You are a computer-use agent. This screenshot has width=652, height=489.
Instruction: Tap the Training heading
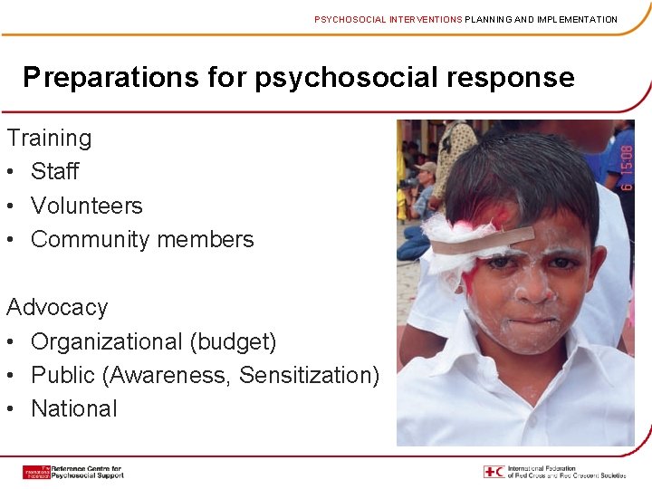[x=49, y=138]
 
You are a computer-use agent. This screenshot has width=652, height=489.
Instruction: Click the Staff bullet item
[x=55, y=171]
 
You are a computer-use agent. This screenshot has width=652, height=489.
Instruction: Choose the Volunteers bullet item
[x=87, y=206]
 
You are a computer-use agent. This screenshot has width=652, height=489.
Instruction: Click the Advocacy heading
[x=57, y=307]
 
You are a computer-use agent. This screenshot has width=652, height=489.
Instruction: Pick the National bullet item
[x=74, y=408]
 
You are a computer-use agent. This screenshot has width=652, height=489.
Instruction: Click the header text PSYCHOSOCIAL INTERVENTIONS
[x=388, y=19]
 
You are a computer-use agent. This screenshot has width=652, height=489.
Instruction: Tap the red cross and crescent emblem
[x=494, y=471]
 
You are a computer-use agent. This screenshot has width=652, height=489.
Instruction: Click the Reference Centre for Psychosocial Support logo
[x=72, y=472]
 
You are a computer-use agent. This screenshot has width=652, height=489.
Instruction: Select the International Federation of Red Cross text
[x=566, y=472]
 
